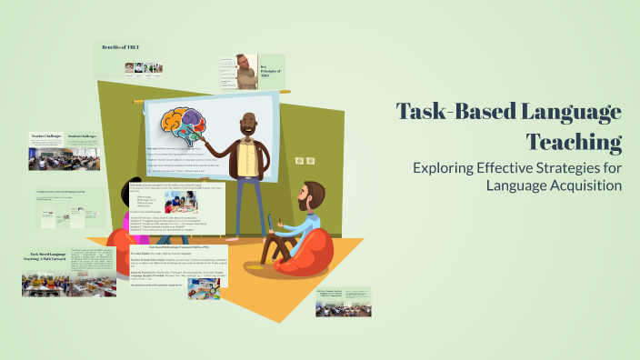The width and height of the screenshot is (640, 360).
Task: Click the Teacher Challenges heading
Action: point(45,136)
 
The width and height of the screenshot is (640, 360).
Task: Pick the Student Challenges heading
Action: point(83,136)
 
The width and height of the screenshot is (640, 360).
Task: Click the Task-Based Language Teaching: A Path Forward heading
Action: point(46,259)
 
